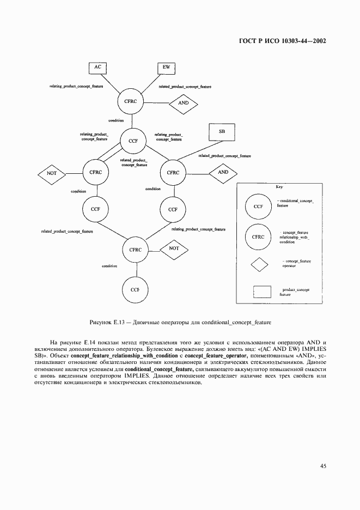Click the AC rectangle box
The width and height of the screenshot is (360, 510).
tap(98, 67)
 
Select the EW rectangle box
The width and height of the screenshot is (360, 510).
tap(167, 68)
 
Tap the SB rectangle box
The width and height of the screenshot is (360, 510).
tap(222, 132)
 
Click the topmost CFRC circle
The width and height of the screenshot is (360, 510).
tap(131, 102)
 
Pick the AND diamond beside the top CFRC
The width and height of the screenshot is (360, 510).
tap(184, 102)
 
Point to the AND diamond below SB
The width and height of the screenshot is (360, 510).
tap(223, 172)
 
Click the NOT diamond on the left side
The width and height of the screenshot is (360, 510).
tap(52, 173)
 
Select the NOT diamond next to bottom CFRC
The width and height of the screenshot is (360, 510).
tap(174, 248)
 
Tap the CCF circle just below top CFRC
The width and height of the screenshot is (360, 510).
tap(133, 141)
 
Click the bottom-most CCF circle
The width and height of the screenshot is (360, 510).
tap(135, 289)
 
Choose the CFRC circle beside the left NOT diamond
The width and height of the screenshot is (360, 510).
tap(96, 172)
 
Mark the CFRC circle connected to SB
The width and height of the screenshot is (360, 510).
tap(173, 173)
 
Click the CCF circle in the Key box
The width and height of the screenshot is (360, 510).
tap(259, 207)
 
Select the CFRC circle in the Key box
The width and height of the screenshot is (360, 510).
tap(259, 236)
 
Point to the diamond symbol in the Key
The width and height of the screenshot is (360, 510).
tap(259, 264)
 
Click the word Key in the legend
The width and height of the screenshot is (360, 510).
tap(279, 187)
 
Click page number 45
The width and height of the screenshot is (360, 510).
tap(323, 465)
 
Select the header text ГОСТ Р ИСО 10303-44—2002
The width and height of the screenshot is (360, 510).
tap(282, 40)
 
